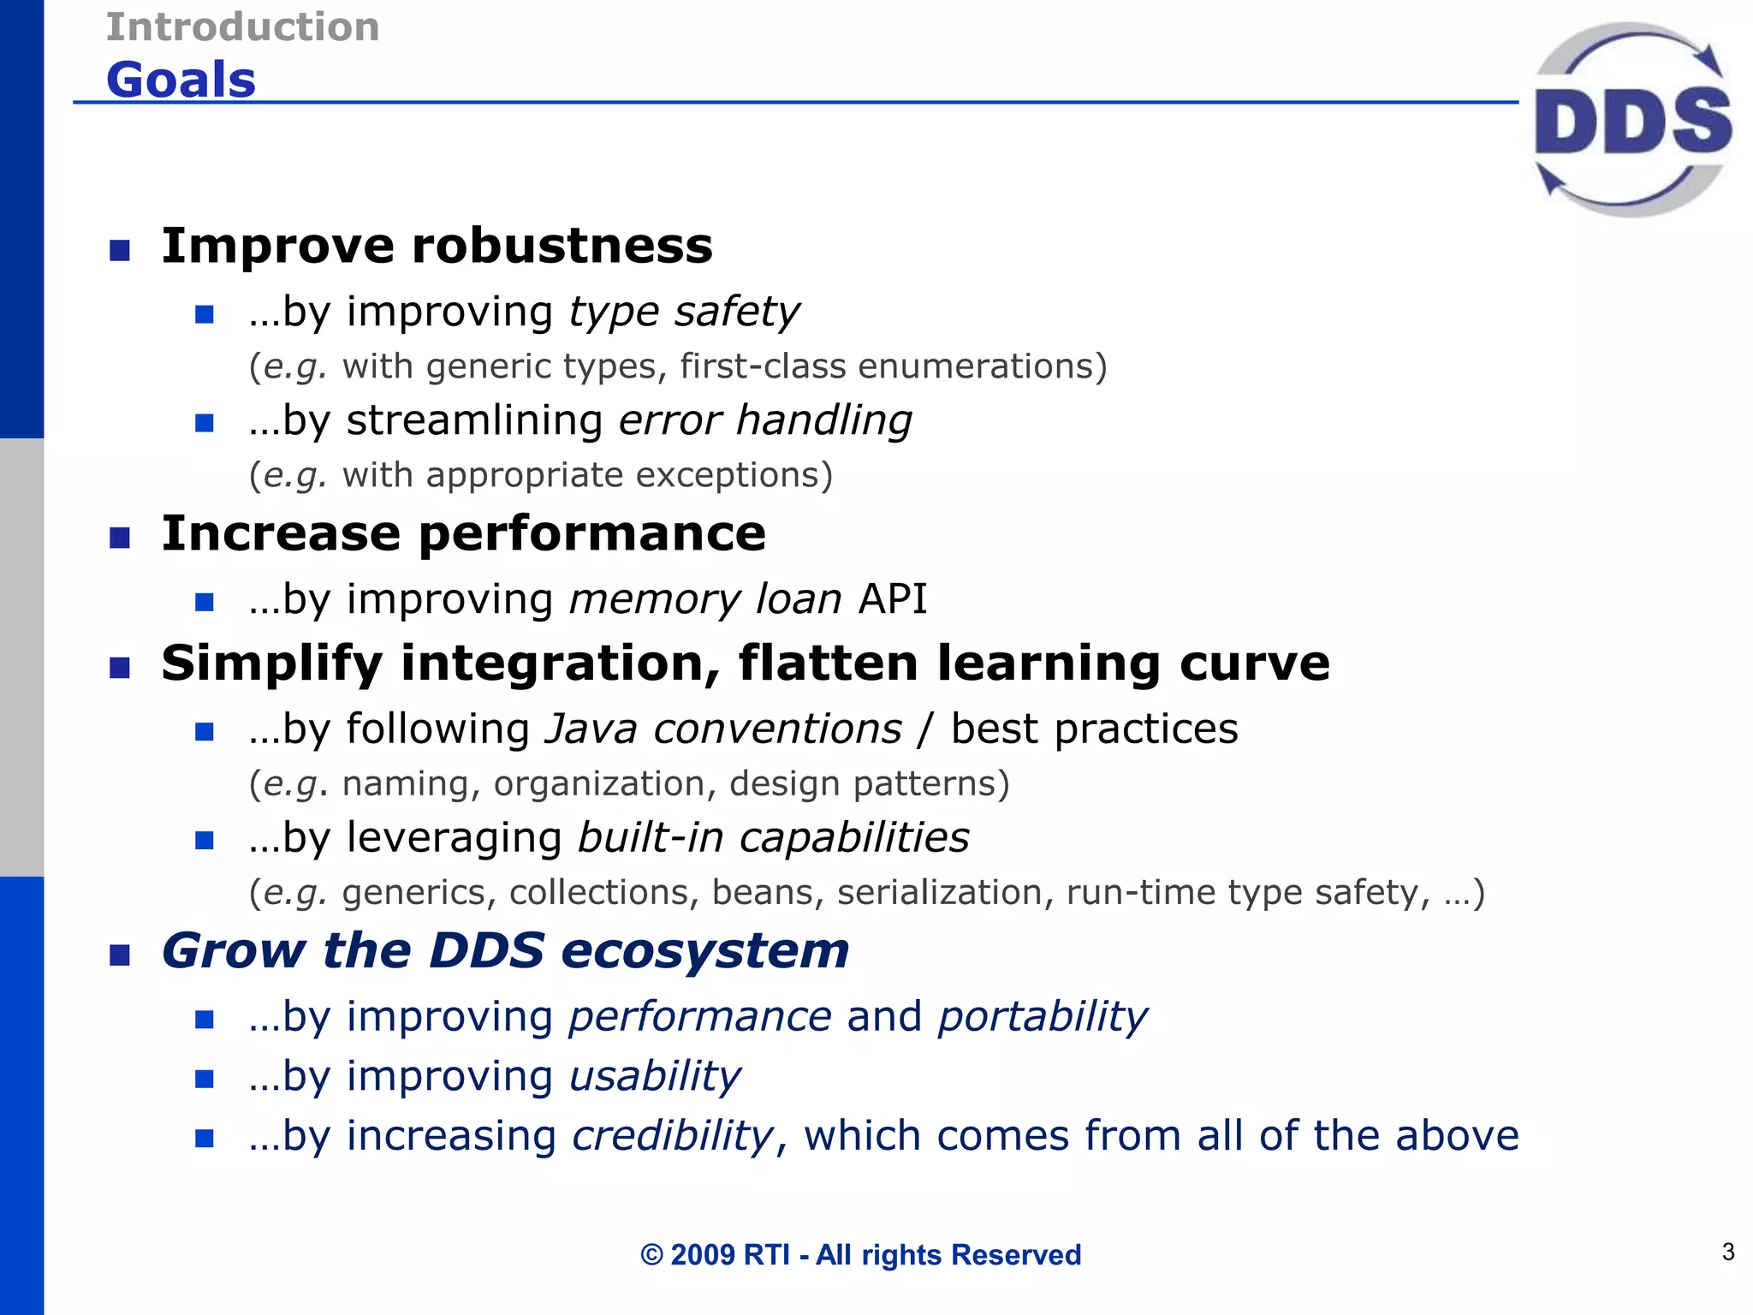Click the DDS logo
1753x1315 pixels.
tap(1632, 120)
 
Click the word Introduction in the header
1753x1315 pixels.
tap(242, 27)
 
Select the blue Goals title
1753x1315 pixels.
tap(181, 80)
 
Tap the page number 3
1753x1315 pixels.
tap(1727, 1252)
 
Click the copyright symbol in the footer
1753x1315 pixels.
tap(651, 1255)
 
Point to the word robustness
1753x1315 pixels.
tap(562, 246)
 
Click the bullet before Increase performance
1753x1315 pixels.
tap(120, 538)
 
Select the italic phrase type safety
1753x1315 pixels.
tap(684, 312)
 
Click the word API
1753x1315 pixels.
tap(893, 598)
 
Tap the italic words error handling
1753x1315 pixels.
tap(765, 420)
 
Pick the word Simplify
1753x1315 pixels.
tap(271, 663)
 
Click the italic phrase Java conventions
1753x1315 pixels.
tap(723, 729)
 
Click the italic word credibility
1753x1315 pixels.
tap(673, 1136)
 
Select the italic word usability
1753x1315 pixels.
tap(655, 1076)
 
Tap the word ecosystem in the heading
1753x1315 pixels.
tap(704, 950)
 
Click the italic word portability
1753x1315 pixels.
tap(1042, 1017)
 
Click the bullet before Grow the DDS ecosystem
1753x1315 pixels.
tap(120, 955)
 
